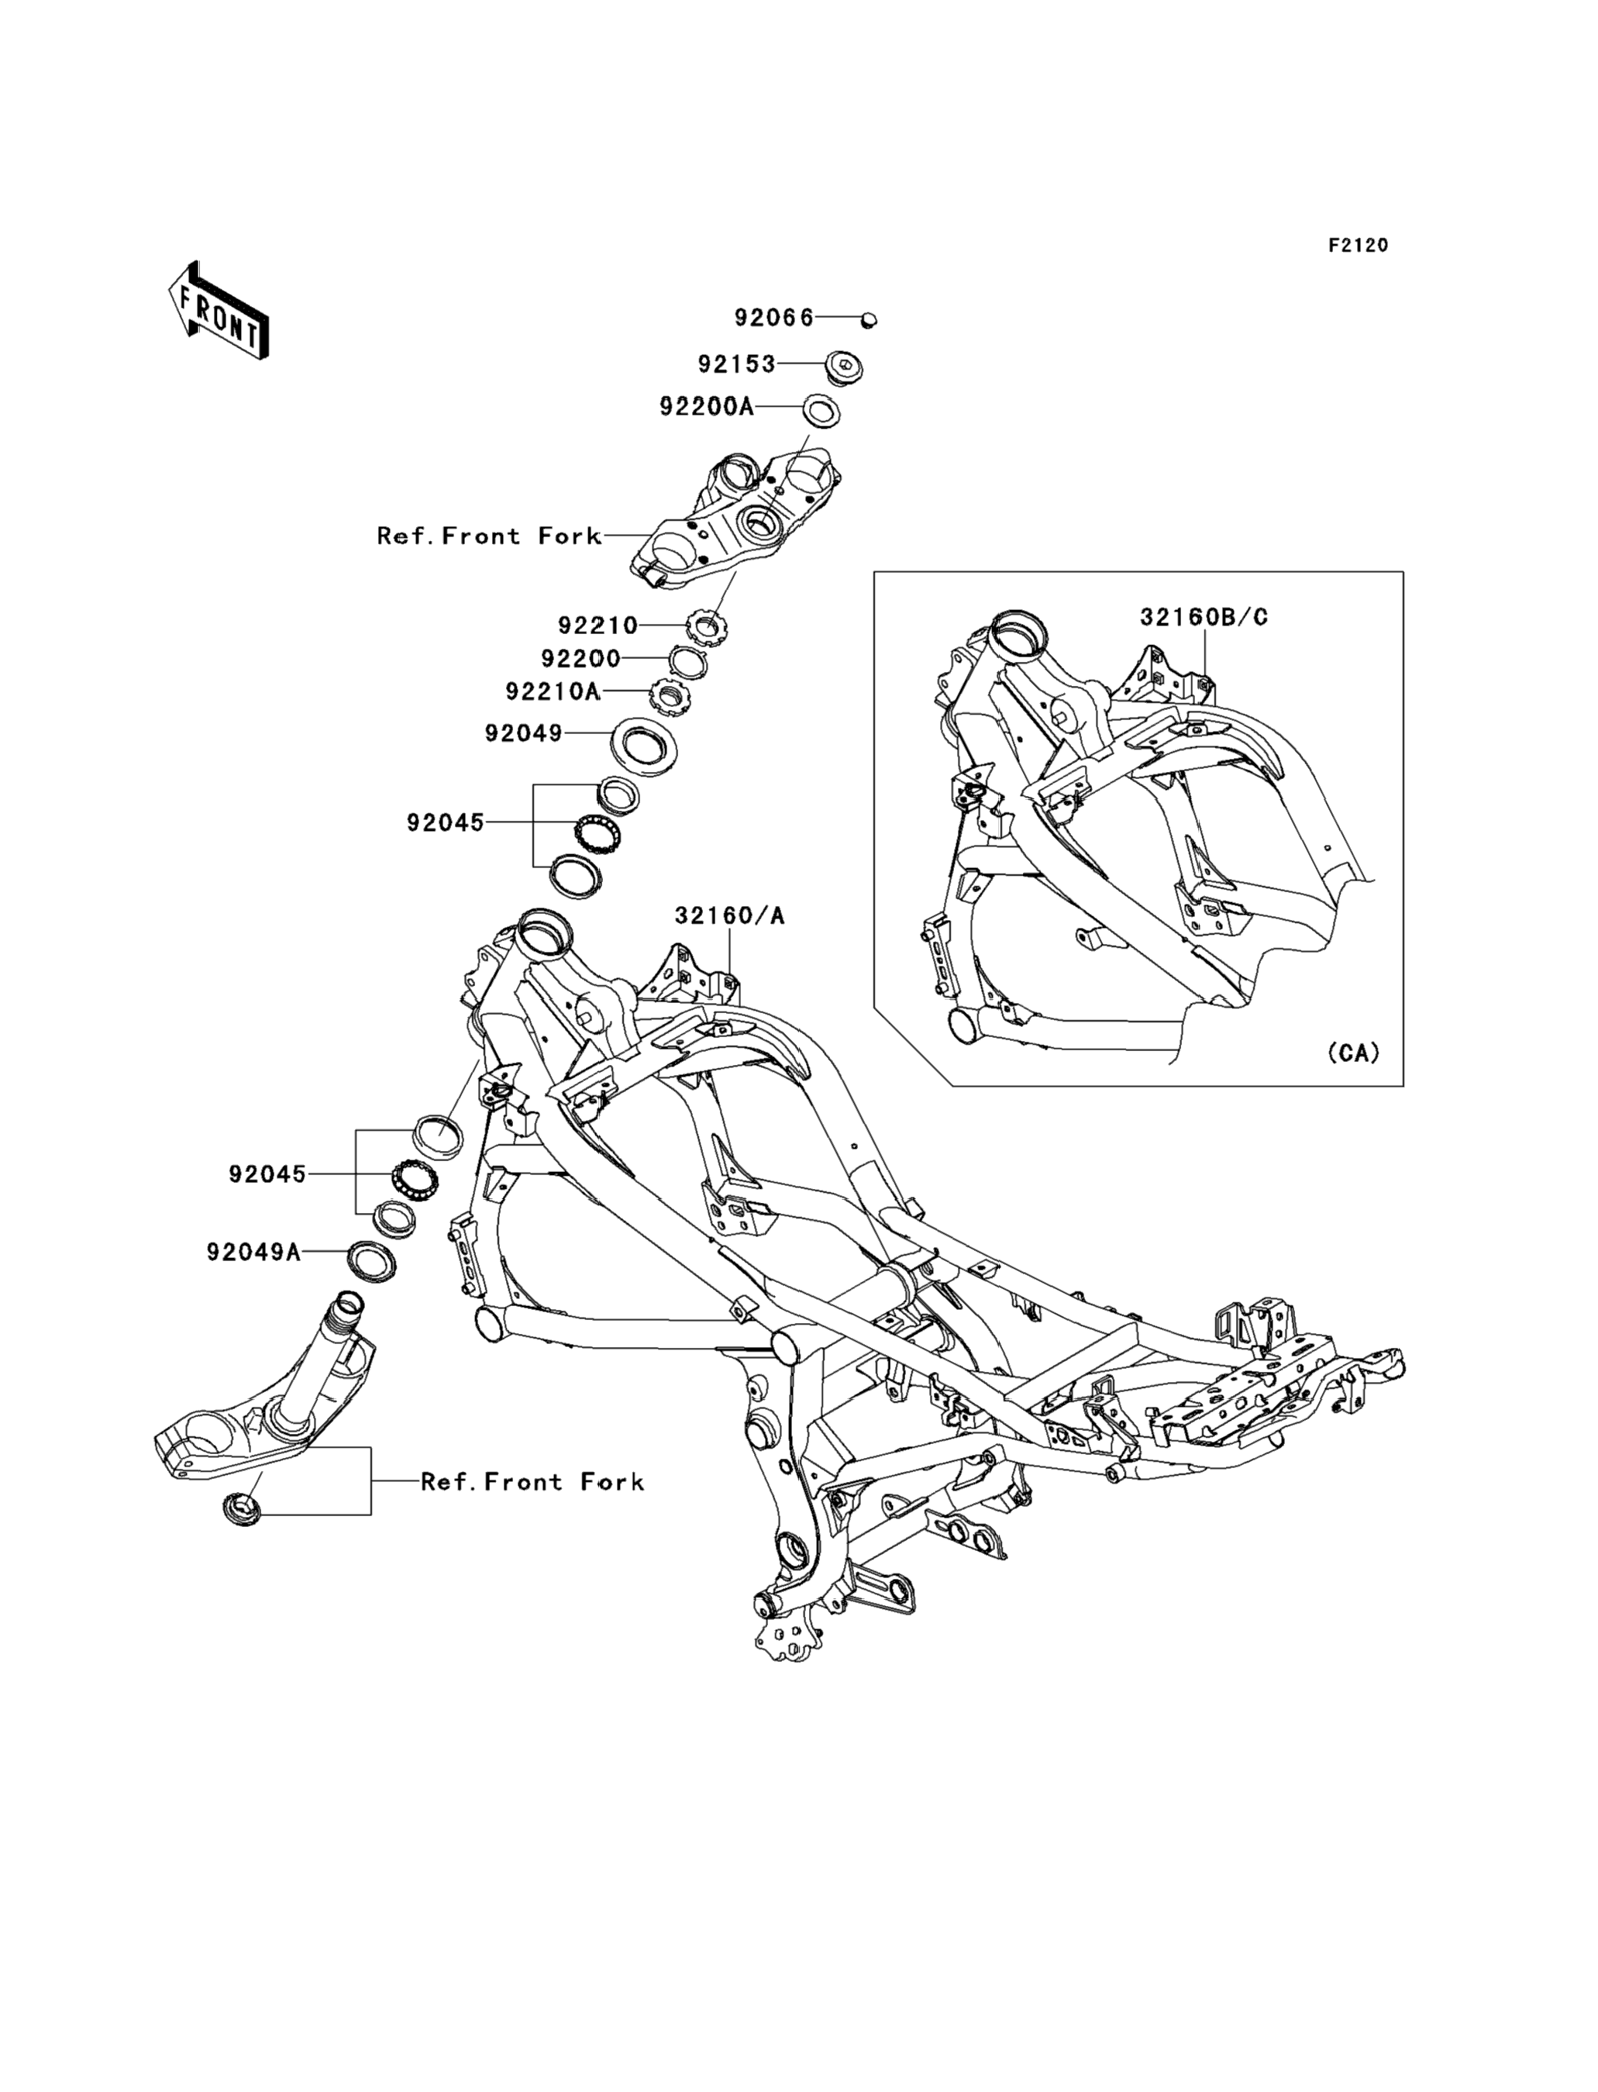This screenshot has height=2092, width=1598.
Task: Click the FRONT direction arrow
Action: click(x=218, y=311)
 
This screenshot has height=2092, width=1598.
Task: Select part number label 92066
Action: click(x=773, y=318)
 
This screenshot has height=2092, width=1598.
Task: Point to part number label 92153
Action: click(x=737, y=364)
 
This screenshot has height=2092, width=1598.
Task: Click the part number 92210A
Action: click(x=553, y=691)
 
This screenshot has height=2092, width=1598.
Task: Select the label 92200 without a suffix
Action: click(x=580, y=658)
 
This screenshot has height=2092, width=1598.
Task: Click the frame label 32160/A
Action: click(x=729, y=916)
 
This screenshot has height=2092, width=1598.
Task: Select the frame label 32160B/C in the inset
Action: click(x=1204, y=618)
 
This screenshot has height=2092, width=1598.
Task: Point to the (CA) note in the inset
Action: click(x=1352, y=1053)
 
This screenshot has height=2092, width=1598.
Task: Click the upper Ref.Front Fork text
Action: click(x=489, y=536)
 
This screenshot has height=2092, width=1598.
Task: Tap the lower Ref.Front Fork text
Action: click(x=532, y=1481)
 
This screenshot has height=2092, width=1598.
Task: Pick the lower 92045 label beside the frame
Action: click(x=267, y=1175)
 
